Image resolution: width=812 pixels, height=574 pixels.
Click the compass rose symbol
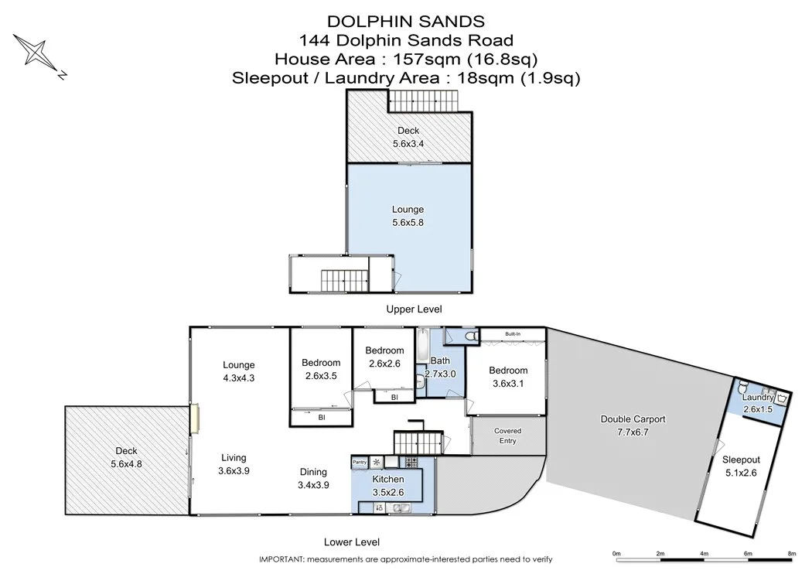pyautogui.click(x=36, y=54)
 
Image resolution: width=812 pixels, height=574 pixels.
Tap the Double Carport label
pyautogui.click(x=633, y=419)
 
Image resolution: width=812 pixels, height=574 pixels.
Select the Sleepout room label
pyautogui.click(x=741, y=460)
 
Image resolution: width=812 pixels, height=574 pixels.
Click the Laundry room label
pyautogui.click(x=758, y=398)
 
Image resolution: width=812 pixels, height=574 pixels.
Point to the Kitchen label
pyautogui.click(x=388, y=479)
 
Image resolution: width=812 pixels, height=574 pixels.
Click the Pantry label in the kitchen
pyautogui.click(x=360, y=462)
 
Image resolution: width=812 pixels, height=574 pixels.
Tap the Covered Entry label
pyautogui.click(x=507, y=436)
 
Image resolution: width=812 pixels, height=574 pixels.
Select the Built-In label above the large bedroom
pyautogui.click(x=513, y=334)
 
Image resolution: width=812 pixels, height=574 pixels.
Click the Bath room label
pyautogui.click(x=440, y=360)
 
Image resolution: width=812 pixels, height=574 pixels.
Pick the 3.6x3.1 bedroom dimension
pyautogui.click(x=508, y=384)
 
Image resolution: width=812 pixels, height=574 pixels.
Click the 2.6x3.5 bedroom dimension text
pyautogui.click(x=321, y=376)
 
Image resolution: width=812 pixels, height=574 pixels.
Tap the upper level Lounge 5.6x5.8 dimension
pyautogui.click(x=408, y=223)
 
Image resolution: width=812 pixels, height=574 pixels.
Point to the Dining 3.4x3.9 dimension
pyautogui.click(x=313, y=485)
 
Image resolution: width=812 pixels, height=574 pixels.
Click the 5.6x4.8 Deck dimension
pyautogui.click(x=126, y=464)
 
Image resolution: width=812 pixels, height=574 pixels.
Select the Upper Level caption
pyautogui.click(x=415, y=309)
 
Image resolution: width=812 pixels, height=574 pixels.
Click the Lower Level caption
pyautogui.click(x=352, y=542)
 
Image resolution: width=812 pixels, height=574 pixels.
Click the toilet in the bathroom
pyautogui.click(x=471, y=337)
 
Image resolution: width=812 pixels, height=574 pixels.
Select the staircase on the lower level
pyautogui.click(x=418, y=443)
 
